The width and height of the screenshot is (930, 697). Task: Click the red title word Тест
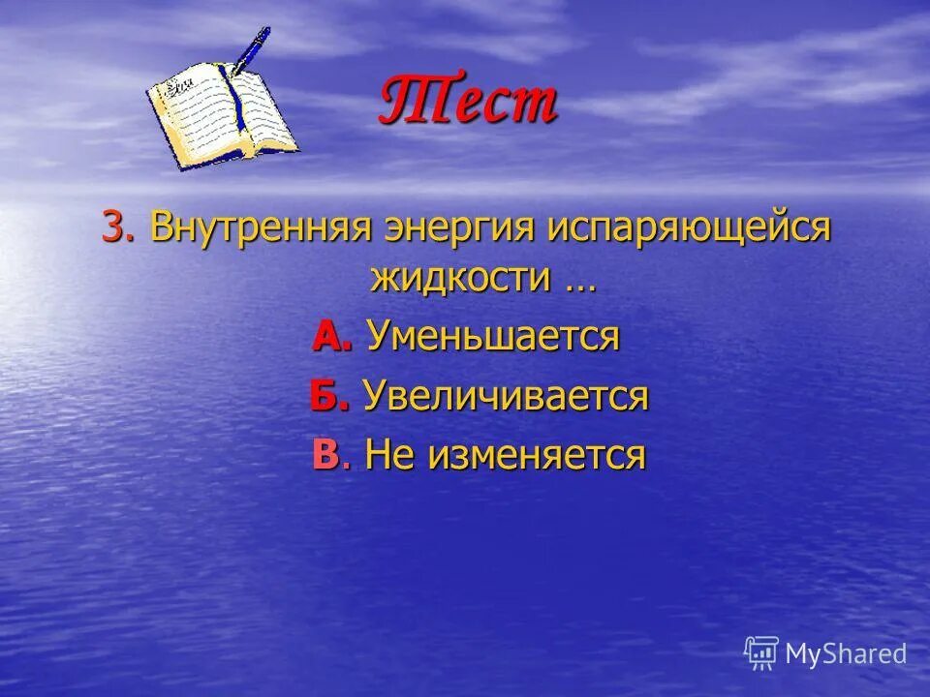pos(467,101)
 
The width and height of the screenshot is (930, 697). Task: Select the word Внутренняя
pos(263,228)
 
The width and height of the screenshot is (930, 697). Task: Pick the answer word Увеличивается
pos(506,396)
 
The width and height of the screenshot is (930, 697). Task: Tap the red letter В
pos(326,454)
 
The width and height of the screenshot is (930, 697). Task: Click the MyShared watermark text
pos(846,653)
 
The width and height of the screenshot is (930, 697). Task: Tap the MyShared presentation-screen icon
pos(762,652)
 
